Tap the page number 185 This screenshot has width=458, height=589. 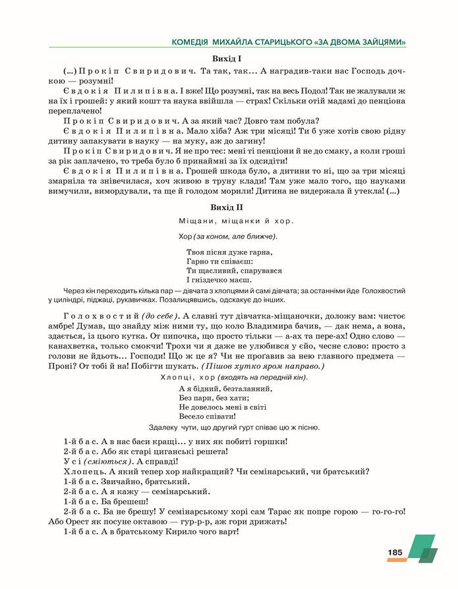[395, 552]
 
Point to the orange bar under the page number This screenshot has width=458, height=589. [396, 560]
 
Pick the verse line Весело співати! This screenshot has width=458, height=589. [207, 416]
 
